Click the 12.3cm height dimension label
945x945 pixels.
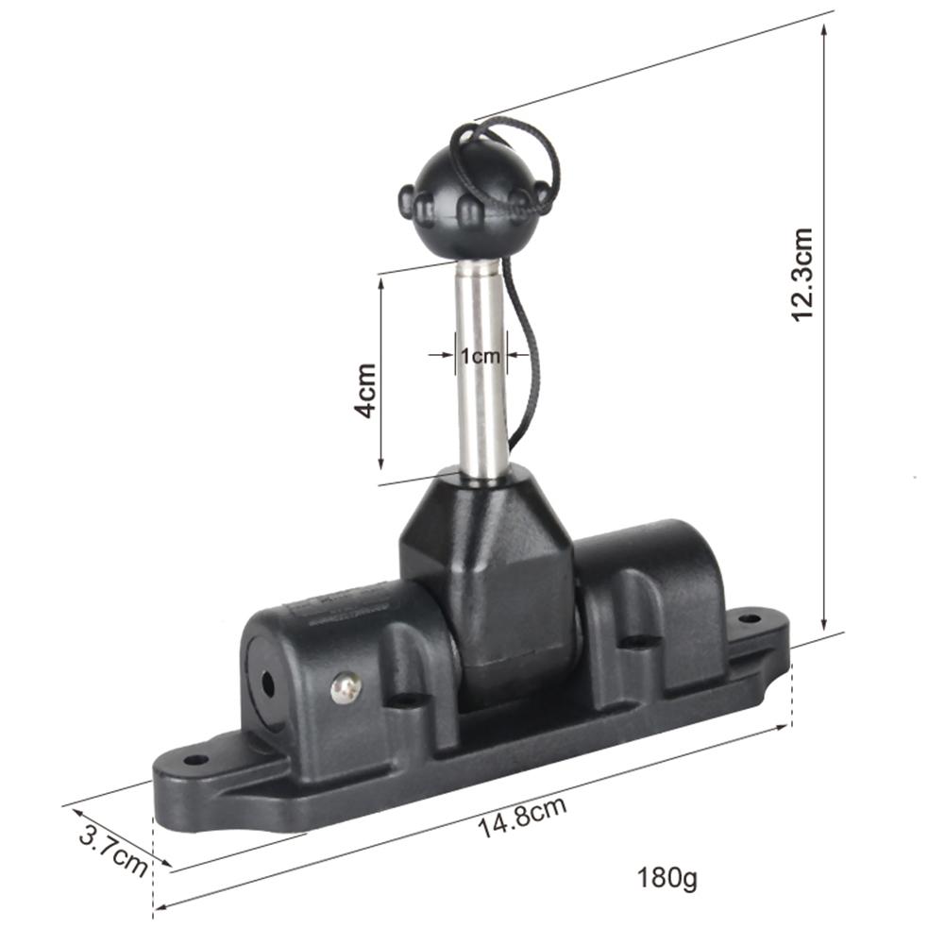tap(802, 275)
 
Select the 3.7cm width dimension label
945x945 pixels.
tap(114, 850)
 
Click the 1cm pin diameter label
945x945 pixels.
tap(480, 356)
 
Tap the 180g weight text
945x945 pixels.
tap(667, 878)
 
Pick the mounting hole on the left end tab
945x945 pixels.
tap(195, 759)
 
